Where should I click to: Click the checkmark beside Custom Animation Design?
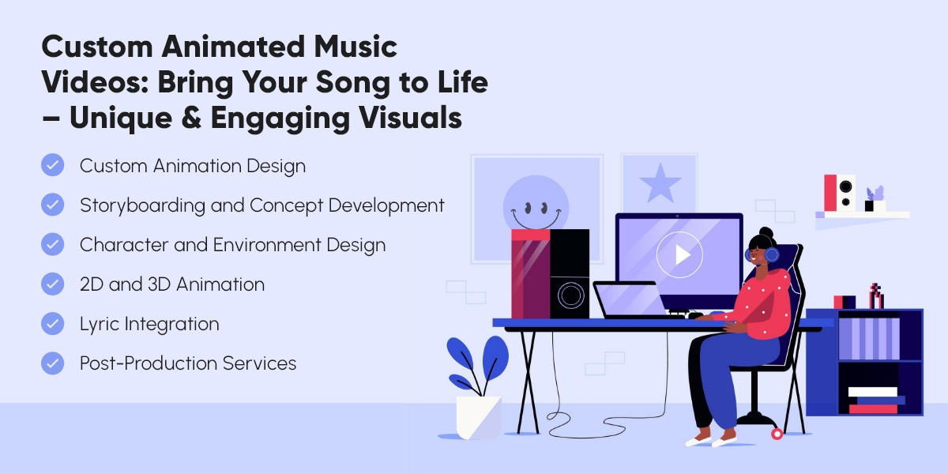[52, 166]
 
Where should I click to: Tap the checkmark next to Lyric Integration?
[52, 324]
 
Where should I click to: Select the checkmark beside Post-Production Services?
[52, 363]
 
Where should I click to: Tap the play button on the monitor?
[679, 254]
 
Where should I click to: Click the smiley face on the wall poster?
[536, 207]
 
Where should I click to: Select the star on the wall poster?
[660, 184]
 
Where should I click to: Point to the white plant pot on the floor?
[479, 416]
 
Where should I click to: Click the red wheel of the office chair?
[777, 433]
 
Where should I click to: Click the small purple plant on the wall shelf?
[875, 194]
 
